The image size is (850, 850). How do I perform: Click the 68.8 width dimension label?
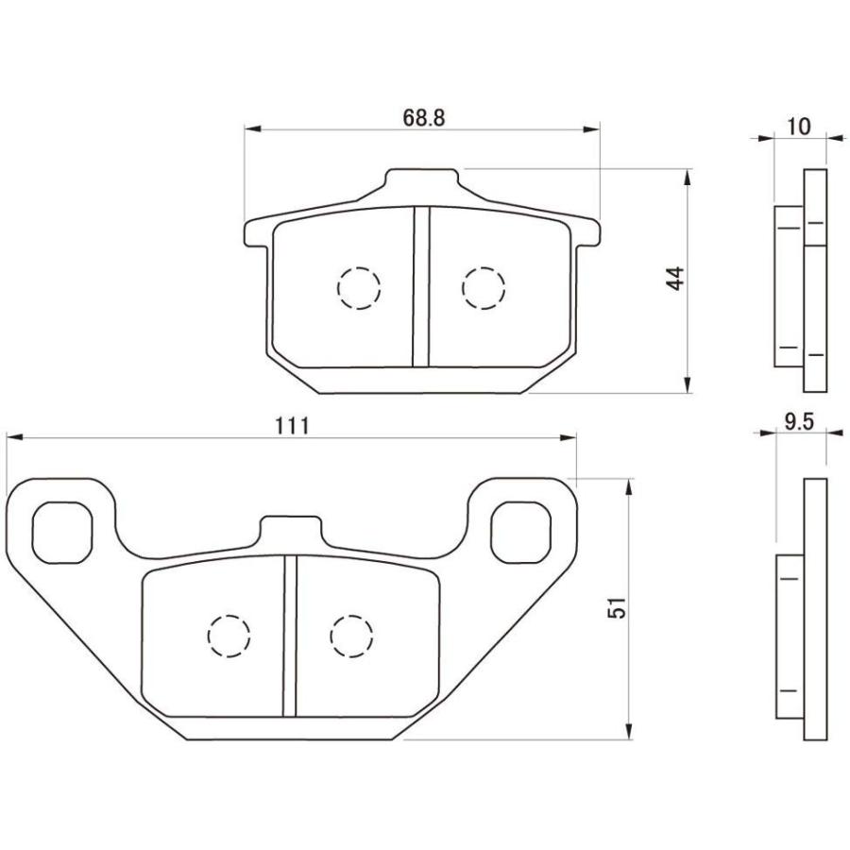pyautogui.click(x=423, y=118)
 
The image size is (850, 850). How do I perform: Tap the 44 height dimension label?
pyautogui.click(x=673, y=279)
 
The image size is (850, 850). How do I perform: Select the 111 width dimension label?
pyautogui.click(x=293, y=425)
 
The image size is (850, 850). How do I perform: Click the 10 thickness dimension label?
pyautogui.click(x=798, y=126)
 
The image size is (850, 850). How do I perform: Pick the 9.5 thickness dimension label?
pyautogui.click(x=798, y=422)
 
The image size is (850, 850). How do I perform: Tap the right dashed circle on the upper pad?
pyautogui.click(x=483, y=286)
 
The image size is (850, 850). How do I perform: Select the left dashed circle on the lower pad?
pyautogui.click(x=229, y=635)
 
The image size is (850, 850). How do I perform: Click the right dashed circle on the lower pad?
pyautogui.click(x=351, y=635)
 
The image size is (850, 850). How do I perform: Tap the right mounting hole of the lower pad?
pyautogui.click(x=520, y=530)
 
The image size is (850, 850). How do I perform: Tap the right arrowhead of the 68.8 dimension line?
pyautogui.click(x=593, y=127)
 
